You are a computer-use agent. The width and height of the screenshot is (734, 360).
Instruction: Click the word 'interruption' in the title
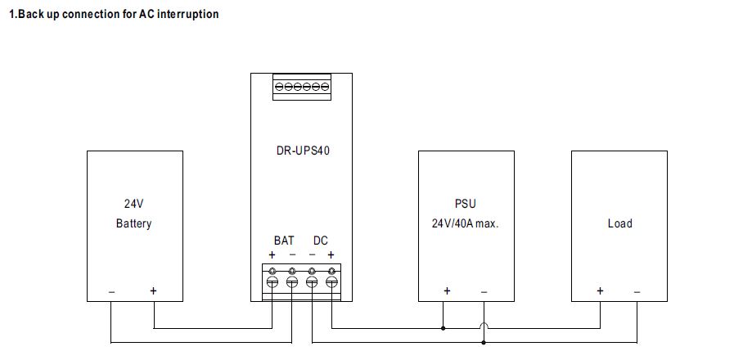(186, 14)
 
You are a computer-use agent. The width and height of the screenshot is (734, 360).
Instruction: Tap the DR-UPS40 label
(302, 151)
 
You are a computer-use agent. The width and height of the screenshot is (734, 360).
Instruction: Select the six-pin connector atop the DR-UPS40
(302, 87)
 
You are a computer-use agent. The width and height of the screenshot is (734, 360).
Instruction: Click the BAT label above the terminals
(283, 241)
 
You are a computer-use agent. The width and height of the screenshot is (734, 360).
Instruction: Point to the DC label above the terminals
(320, 241)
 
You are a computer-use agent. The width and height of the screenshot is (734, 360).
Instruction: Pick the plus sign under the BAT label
(272, 254)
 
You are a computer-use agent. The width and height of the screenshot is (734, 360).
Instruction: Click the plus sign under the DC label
(331, 254)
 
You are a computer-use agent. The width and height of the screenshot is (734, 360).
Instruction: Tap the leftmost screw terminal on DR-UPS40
(272, 281)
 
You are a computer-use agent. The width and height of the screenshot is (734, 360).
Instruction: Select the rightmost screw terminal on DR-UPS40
(331, 281)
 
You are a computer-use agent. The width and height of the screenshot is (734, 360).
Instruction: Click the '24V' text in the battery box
(133, 204)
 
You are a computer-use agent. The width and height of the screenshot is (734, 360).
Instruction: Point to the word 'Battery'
(133, 223)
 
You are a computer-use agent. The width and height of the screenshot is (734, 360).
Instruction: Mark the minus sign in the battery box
(112, 291)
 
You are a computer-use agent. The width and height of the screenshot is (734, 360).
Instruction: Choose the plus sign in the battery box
(153, 290)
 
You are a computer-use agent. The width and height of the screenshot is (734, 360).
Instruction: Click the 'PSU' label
(465, 204)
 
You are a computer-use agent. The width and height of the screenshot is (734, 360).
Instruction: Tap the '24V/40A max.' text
(465, 223)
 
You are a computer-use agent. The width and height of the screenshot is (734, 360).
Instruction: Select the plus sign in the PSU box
(447, 290)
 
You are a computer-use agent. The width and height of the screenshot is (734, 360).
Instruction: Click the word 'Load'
(619, 223)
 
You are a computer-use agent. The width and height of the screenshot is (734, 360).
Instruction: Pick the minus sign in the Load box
(637, 291)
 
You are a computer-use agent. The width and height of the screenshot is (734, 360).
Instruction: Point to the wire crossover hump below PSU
(484, 327)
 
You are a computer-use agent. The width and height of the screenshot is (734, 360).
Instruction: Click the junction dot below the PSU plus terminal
(444, 329)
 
